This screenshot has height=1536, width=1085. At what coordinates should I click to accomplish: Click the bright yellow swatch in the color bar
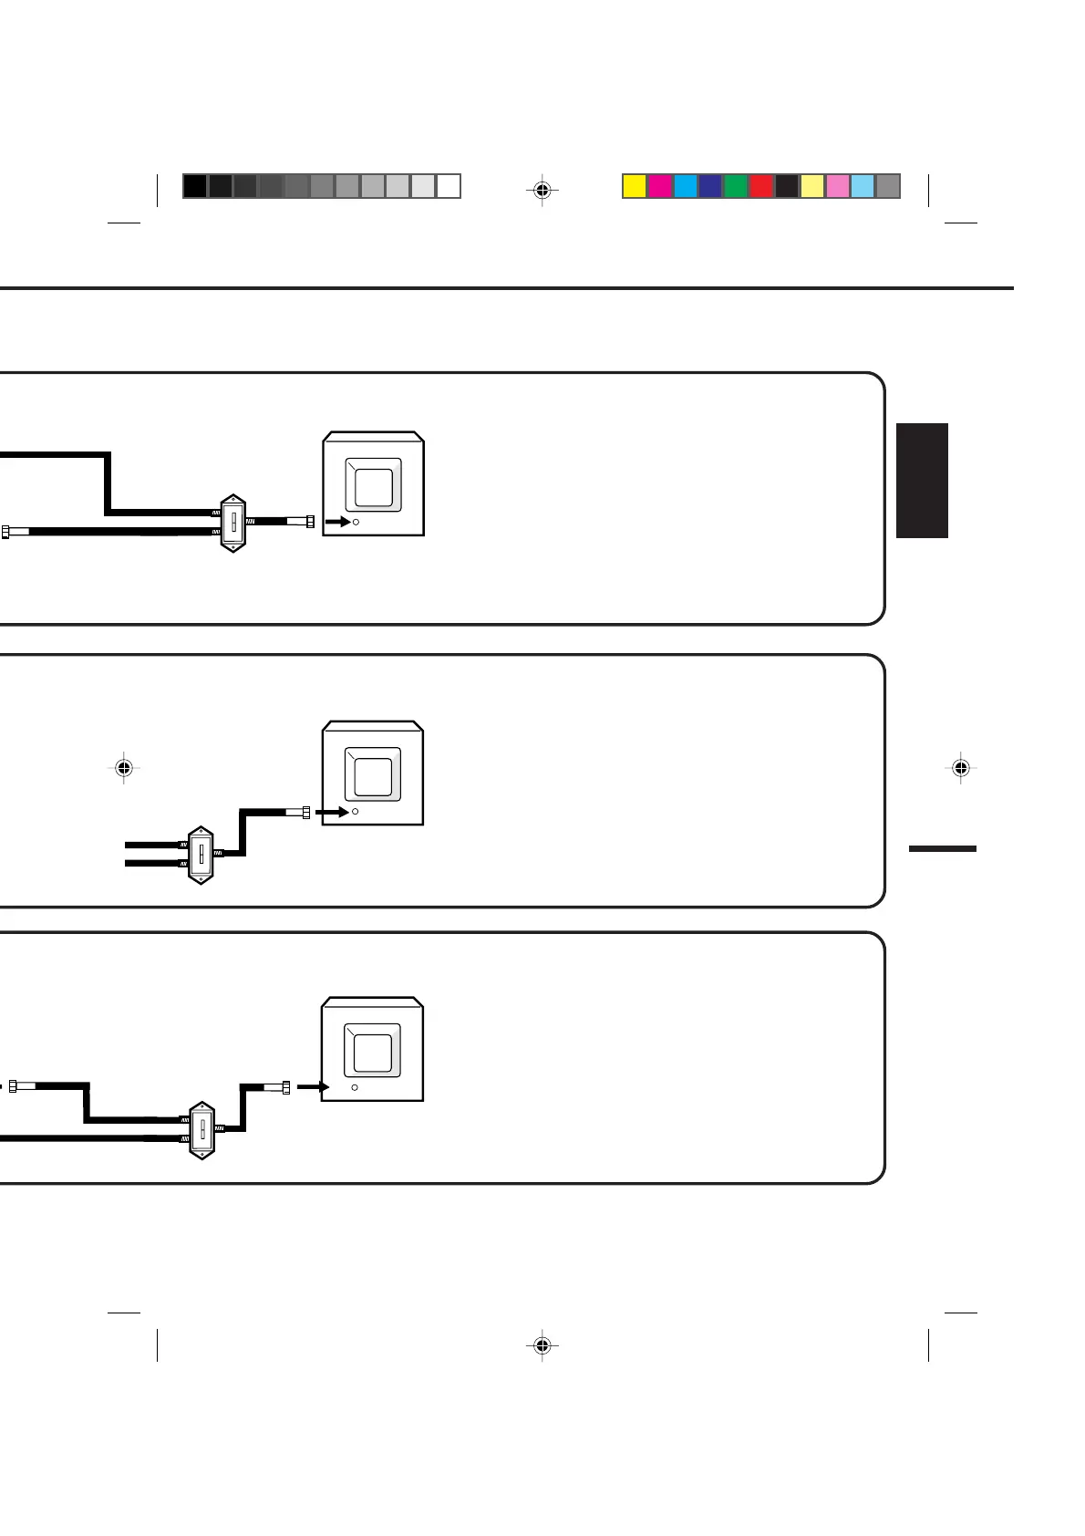(635, 186)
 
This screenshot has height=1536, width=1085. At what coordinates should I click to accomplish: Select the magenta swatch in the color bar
(660, 186)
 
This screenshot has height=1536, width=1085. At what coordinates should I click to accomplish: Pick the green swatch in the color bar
(736, 186)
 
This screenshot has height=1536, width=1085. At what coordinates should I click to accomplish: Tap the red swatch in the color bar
(761, 186)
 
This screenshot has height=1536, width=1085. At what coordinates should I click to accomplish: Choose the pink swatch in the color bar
(837, 186)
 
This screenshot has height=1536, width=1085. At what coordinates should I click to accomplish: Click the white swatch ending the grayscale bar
(449, 186)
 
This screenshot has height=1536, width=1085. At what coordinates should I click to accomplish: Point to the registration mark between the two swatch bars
(542, 190)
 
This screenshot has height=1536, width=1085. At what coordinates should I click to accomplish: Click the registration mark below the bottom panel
(542, 1344)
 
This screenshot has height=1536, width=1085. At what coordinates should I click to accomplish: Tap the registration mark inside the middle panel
(125, 768)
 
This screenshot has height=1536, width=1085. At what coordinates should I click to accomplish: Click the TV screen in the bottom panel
(373, 1052)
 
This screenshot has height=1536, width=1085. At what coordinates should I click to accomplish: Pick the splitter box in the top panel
(233, 524)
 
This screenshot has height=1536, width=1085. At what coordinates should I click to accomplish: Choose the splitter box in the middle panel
(201, 855)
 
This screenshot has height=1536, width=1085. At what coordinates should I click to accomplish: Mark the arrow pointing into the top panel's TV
(337, 522)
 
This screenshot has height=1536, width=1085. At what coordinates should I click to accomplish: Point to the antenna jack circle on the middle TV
(355, 811)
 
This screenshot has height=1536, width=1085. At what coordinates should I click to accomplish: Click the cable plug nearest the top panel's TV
(302, 522)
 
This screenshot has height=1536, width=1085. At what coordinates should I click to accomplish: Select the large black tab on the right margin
(923, 480)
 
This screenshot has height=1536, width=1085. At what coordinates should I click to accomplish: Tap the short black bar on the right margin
(943, 848)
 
